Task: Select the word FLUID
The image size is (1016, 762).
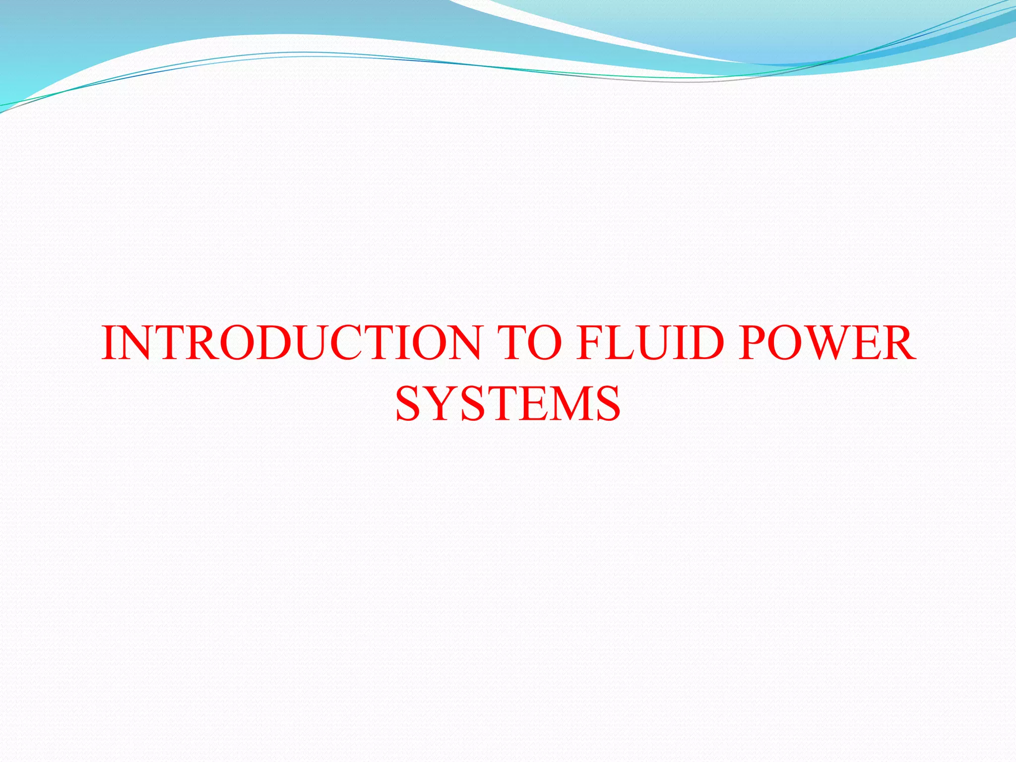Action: point(649,343)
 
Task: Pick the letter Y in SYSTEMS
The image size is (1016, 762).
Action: point(443,404)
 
